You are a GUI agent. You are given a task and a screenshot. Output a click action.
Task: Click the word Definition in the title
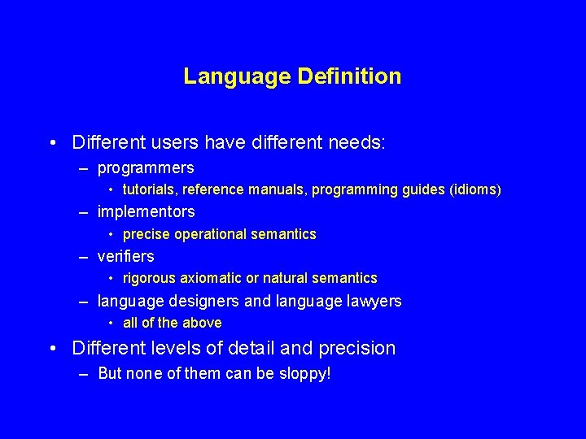point(349,76)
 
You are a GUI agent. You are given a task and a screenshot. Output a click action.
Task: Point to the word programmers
point(146,168)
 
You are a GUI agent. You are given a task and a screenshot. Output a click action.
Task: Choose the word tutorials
point(150,190)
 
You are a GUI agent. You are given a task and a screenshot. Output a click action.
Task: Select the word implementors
point(146,212)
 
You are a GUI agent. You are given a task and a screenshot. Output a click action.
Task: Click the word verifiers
point(125,256)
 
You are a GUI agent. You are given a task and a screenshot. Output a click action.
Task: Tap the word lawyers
point(374,301)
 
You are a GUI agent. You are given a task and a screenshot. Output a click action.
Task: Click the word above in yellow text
point(203,323)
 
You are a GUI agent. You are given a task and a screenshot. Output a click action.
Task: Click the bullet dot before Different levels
point(53,349)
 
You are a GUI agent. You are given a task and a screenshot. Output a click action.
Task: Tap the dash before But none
point(84,374)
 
